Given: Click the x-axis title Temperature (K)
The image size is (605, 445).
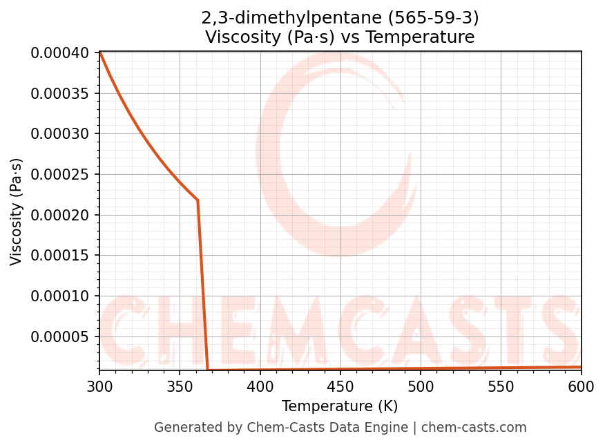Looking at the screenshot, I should click(x=340, y=406).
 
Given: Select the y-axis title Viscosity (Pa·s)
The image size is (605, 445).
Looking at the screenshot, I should click(x=17, y=211).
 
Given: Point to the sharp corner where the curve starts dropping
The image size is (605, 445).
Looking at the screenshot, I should click(x=198, y=200).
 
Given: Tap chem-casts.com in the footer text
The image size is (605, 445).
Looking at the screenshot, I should click(x=474, y=428).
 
